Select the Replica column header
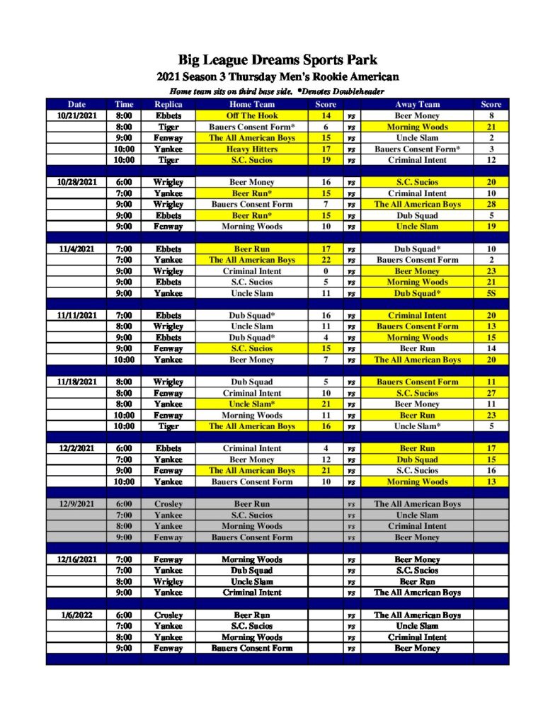coord(168,104)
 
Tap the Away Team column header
coord(417,104)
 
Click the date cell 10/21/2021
coord(76,115)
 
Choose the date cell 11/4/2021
coord(76,249)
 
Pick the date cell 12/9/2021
coord(76,504)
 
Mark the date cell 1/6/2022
coord(76,615)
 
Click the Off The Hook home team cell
coord(251,115)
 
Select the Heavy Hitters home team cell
coord(251,149)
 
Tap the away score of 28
coord(491,204)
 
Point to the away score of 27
coord(491,393)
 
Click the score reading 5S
coord(491,293)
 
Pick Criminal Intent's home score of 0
coord(326,271)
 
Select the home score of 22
coord(326,260)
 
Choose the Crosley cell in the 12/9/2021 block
coord(168,504)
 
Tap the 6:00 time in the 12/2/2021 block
coord(124,448)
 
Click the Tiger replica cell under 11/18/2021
coord(168,426)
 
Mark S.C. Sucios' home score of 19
coord(326,160)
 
